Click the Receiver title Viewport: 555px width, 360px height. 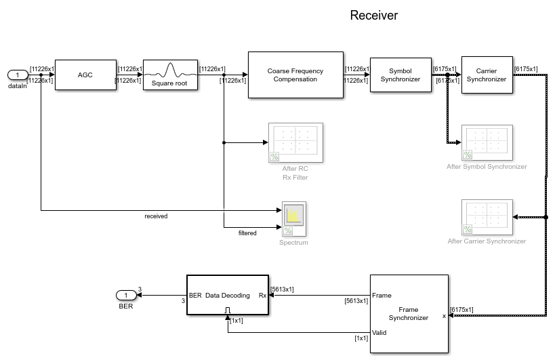(x=373, y=16)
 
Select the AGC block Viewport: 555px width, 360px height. (x=85, y=75)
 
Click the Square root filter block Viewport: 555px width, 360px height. (x=169, y=75)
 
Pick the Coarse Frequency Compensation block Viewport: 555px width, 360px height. (x=295, y=75)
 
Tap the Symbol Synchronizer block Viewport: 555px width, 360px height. (x=400, y=75)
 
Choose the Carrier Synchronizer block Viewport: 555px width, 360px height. (x=486, y=75)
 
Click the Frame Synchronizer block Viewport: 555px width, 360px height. (x=409, y=313)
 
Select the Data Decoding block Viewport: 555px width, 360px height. (x=227, y=295)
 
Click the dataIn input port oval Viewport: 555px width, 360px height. (x=17, y=75)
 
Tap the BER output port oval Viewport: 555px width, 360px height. (x=126, y=295)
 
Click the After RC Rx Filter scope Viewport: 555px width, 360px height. (x=295, y=142)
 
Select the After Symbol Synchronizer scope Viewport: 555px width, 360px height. (x=486, y=142)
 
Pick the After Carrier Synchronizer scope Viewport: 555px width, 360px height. (x=486, y=217)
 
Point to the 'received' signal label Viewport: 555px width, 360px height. (x=156, y=216)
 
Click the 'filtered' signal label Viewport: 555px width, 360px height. (x=247, y=233)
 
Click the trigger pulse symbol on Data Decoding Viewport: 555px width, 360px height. (x=228, y=310)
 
